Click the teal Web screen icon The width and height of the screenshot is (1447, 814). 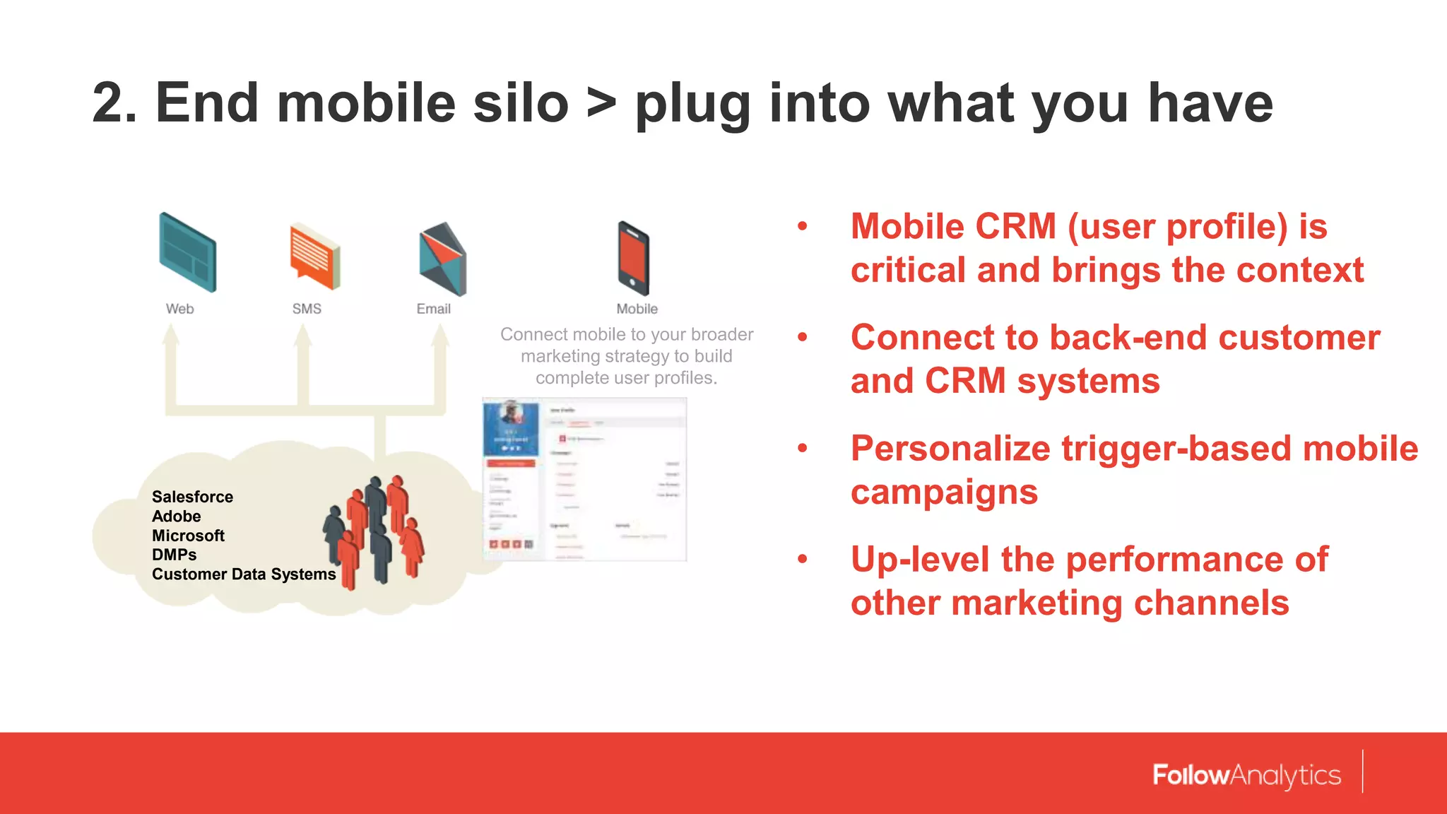[x=187, y=252]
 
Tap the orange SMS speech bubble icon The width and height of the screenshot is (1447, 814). [x=315, y=256]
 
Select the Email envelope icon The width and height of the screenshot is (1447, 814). [x=442, y=259]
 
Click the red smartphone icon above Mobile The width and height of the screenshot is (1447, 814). [x=633, y=258]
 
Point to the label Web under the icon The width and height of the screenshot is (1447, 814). [x=179, y=309]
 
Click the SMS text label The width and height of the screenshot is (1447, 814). [x=307, y=309]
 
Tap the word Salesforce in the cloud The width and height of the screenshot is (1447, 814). [x=192, y=497]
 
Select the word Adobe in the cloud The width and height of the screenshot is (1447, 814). [x=176, y=517]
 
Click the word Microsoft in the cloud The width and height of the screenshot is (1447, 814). [x=188, y=536]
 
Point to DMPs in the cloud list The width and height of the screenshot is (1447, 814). [x=174, y=555]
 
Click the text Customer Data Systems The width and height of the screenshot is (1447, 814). [x=244, y=574]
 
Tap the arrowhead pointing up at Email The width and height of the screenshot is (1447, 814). [x=440, y=335]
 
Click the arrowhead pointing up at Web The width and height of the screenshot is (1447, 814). [x=170, y=335]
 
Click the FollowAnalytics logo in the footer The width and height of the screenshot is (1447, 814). [x=1246, y=775]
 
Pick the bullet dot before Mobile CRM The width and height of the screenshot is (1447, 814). [x=802, y=226]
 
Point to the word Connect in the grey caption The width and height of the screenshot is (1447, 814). [x=533, y=334]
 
